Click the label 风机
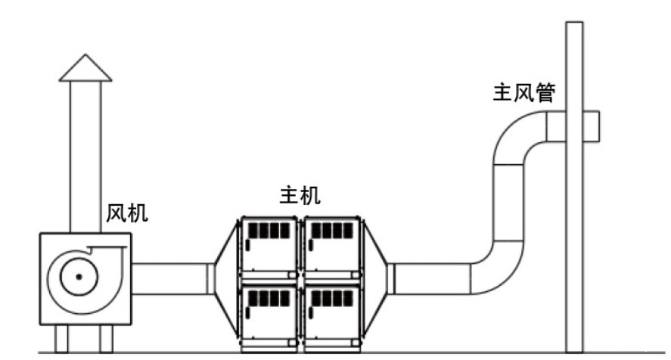tap(127, 213)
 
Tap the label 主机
tap(300, 196)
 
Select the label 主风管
tap(524, 93)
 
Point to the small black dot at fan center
tap(77, 278)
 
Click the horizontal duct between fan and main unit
tap(170, 278)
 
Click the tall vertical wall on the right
tap(574, 227)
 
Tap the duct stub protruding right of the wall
tap(592, 126)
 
